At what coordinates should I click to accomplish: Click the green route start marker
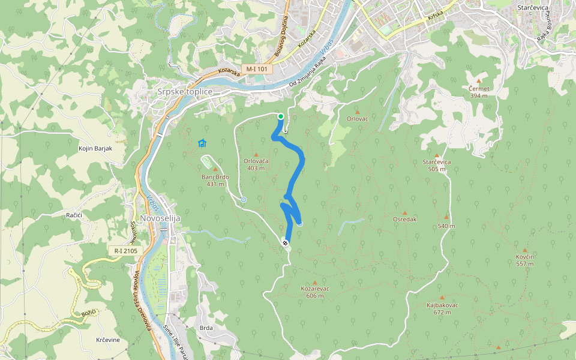(280, 116)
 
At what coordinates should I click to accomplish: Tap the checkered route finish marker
(285, 243)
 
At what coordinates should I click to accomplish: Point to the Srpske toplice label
(185, 92)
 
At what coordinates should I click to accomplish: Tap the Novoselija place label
(160, 218)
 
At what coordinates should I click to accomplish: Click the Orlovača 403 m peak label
(256, 164)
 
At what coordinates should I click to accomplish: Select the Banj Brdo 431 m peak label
(215, 180)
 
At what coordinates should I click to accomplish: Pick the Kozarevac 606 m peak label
(315, 292)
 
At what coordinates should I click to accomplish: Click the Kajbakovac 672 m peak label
(442, 308)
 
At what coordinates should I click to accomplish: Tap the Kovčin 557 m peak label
(525, 260)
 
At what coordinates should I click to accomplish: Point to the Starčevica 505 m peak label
(436, 165)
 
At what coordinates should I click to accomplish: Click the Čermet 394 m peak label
(479, 92)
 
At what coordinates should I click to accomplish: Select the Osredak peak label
(404, 219)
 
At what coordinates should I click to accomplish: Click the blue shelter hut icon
(202, 143)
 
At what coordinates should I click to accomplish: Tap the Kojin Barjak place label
(95, 148)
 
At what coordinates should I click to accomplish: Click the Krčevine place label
(108, 340)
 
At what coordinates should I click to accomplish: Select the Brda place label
(206, 328)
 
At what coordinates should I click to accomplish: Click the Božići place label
(89, 313)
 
